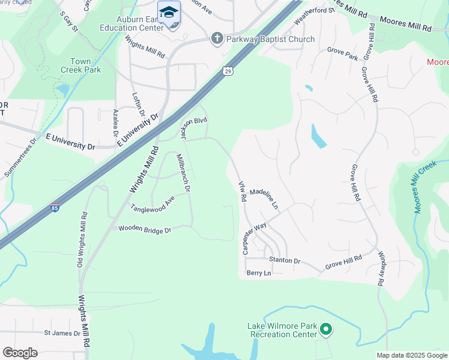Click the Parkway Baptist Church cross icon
click(217, 39)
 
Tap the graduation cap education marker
click(169, 13)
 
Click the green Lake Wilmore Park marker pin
click(326, 329)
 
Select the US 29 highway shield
click(227, 71)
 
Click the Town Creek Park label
click(80, 65)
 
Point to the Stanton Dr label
click(285, 260)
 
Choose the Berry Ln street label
click(259, 273)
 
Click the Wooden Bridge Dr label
click(145, 229)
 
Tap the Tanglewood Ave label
click(152, 203)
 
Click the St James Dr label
click(62, 333)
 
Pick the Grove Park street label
click(342, 55)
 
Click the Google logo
click(20, 353)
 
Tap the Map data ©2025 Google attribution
click(412, 355)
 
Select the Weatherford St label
click(313, 17)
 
